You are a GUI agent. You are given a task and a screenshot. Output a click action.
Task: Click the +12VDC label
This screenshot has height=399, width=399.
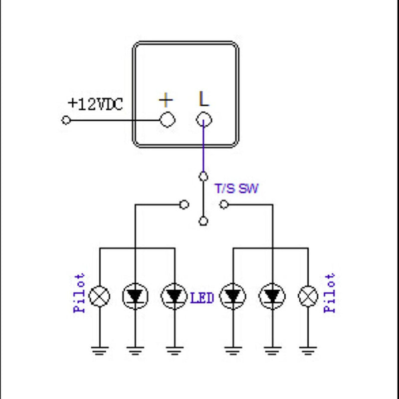pos(95,104)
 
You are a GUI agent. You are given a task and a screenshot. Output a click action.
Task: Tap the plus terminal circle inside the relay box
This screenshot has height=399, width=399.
pos(167,120)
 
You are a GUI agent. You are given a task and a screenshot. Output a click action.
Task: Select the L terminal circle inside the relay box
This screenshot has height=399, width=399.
pos(203,120)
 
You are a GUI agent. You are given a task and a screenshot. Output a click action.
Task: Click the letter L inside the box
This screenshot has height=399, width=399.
pos(203,99)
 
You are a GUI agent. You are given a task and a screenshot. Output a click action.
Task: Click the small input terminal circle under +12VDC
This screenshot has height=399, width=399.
pos(65,120)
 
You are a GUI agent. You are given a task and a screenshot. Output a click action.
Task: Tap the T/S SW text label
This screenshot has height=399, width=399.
pos(236,189)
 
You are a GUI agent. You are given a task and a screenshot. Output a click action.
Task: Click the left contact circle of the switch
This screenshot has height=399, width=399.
pos(184,204)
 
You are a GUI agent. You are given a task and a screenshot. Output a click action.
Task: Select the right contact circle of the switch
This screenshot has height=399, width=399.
pos(224,204)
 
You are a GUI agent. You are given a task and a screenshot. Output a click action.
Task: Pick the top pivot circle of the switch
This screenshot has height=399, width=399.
pos(203,176)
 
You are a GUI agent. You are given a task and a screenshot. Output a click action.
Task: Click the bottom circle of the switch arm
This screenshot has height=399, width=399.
pos(203,221)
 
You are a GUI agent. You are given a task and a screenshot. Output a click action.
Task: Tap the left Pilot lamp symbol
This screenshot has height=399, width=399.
pos(99,297)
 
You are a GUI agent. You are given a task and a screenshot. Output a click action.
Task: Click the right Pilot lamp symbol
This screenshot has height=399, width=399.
pos(308,297)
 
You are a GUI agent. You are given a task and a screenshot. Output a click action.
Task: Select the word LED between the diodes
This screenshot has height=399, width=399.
pos(202,298)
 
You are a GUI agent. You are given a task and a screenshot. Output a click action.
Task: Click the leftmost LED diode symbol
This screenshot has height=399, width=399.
pos(135,297)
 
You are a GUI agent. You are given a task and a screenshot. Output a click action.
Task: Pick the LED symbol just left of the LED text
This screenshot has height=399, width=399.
pos(174,297)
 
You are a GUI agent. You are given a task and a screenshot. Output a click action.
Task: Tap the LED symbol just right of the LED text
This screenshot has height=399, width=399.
pos(232,297)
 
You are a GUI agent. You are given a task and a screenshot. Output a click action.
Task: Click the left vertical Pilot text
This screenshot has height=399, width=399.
pos(80,293)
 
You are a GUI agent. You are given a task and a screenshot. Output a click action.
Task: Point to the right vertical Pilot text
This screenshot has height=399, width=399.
pos(330,293)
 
